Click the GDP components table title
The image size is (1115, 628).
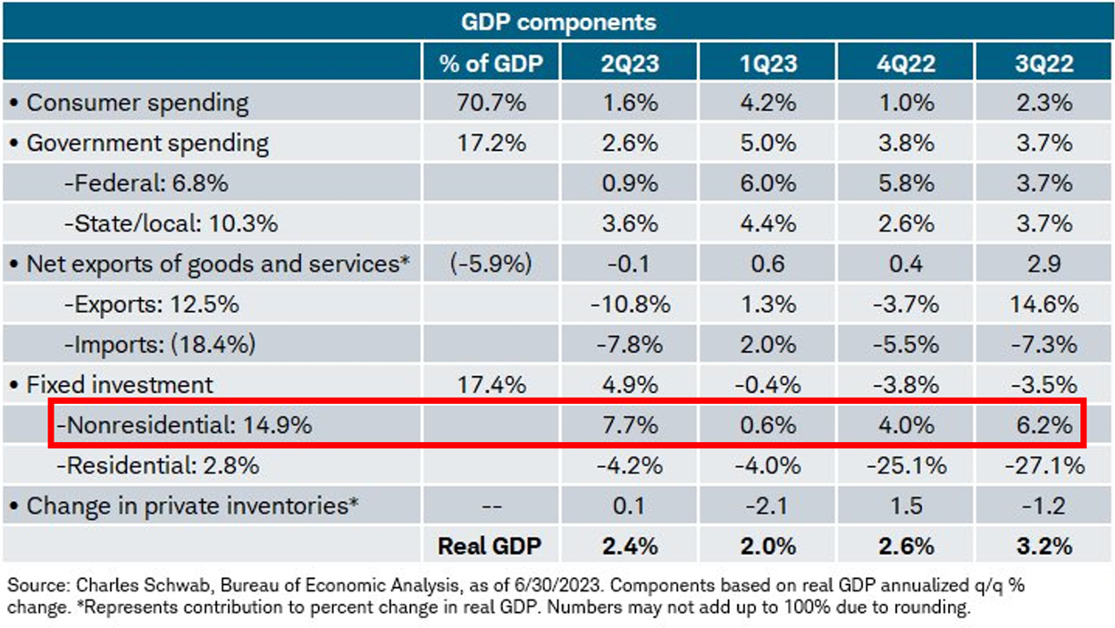click(558, 21)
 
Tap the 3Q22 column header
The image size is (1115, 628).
click(1044, 63)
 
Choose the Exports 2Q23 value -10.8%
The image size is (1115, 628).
click(630, 305)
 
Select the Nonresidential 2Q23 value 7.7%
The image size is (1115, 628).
click(630, 425)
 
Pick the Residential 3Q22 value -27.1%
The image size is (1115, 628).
click(1044, 465)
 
